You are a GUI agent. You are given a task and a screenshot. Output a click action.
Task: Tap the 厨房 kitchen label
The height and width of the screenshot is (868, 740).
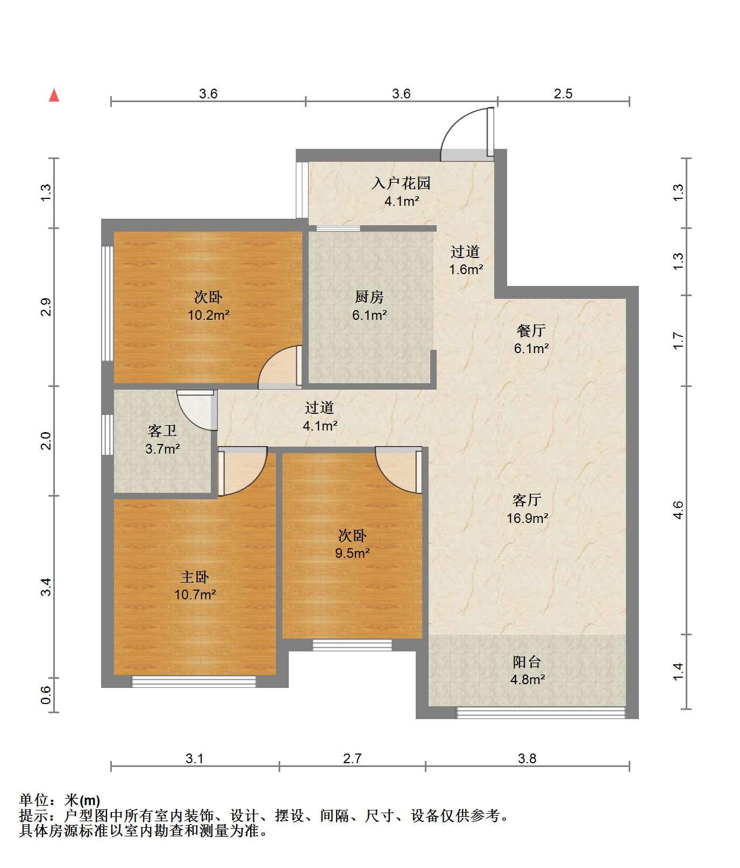(369, 297)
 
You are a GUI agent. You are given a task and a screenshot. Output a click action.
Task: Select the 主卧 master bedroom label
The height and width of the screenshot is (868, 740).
(195, 577)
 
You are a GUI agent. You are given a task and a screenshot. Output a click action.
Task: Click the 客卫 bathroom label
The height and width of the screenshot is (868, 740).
(162, 431)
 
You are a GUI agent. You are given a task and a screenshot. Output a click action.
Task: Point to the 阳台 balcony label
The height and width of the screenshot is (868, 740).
(527, 662)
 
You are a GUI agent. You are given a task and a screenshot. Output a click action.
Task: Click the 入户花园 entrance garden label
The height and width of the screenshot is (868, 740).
(401, 183)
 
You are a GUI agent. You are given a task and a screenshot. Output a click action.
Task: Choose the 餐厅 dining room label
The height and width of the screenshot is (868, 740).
(531, 330)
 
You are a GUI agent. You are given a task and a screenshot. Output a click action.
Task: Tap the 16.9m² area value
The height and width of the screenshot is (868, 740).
(527, 518)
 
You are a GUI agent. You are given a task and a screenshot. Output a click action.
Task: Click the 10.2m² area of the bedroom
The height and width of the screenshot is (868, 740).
(208, 315)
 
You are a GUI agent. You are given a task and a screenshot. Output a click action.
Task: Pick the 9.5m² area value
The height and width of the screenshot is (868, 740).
(352, 553)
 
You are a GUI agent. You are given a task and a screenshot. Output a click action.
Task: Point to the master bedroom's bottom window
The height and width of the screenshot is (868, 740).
(194, 682)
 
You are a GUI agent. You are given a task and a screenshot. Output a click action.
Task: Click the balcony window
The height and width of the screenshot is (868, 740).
(541, 713)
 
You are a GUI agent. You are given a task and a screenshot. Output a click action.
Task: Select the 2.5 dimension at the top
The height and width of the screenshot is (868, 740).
(563, 94)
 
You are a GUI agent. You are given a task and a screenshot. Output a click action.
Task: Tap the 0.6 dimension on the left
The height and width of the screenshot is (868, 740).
(46, 695)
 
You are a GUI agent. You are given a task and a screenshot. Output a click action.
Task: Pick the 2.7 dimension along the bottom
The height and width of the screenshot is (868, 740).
(352, 758)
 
